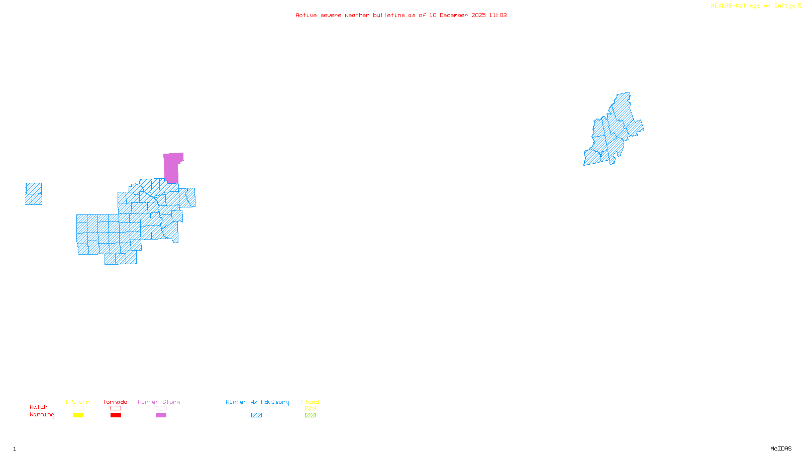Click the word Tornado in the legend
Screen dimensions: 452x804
115,402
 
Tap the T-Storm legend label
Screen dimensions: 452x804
77,402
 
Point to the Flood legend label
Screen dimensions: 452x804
310,402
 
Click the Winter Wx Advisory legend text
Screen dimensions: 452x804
257,402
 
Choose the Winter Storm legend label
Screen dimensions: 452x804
159,402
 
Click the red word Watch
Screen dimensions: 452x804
39,407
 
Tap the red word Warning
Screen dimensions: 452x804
42,415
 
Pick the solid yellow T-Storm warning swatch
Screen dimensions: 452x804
78,415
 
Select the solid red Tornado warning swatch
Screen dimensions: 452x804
116,415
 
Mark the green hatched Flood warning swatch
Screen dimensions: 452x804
310,415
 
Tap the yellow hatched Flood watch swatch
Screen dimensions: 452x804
310,408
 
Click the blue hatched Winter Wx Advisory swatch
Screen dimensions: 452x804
256,415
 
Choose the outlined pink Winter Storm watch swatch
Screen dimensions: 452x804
161,408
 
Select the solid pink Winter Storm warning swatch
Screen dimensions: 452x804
161,415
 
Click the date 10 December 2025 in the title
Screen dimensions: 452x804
457,15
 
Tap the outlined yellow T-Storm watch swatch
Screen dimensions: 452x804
78,408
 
